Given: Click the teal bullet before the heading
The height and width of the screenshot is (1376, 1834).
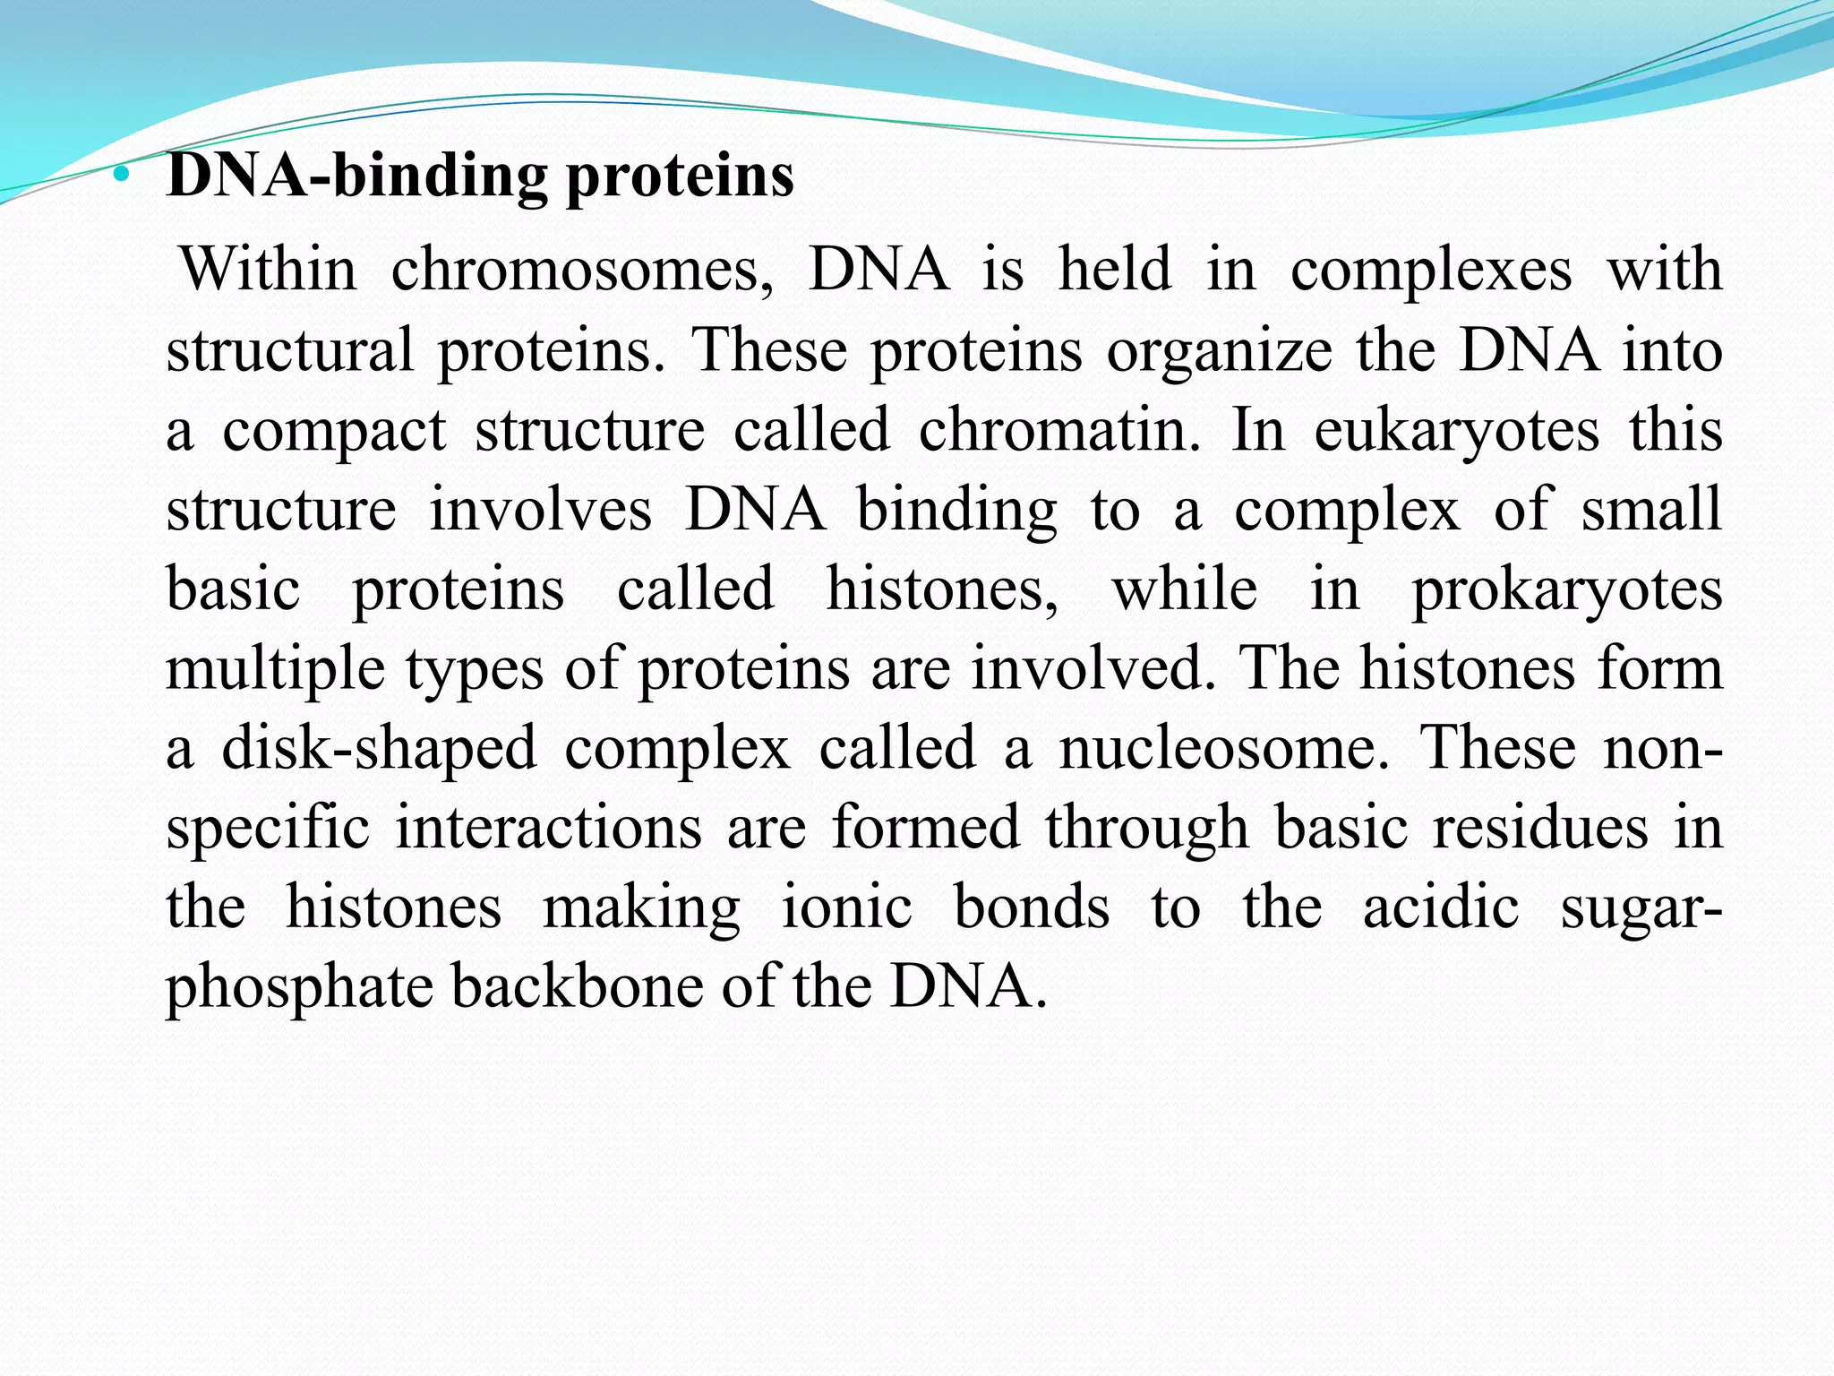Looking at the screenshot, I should pos(123,176).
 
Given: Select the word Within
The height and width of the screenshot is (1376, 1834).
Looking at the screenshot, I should pos(268,270).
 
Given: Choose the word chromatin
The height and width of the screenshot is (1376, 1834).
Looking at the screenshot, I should pos(1058,430).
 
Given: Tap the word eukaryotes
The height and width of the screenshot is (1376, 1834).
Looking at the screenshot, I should pos(1456,430).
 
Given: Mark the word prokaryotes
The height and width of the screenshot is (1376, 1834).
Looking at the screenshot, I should pos(1567,589).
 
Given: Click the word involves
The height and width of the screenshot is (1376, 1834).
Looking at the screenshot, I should pos(541,510).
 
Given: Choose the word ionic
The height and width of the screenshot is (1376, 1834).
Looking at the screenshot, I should pos(846,907).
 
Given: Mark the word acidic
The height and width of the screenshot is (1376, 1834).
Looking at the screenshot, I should pos(1440,907).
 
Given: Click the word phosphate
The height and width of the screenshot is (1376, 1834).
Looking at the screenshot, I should pos(298,987).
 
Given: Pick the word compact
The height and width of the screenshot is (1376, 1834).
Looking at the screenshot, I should pos(333,430).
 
